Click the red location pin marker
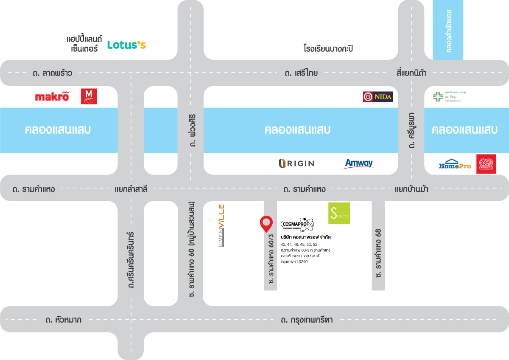266,223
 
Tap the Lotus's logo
126,45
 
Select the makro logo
52,97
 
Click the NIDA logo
378,97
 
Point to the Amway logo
359,163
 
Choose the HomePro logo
455,164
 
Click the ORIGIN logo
296,163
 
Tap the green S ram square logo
338,213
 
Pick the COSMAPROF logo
297,224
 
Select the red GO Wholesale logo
486,164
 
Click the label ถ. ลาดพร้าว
52,73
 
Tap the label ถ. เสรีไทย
301,73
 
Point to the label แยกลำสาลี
131,189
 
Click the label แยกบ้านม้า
411,189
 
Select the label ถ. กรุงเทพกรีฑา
306,320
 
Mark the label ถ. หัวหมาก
63,320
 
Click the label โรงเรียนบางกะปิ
328,49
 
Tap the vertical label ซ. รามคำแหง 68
378,253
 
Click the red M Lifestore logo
89,96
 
